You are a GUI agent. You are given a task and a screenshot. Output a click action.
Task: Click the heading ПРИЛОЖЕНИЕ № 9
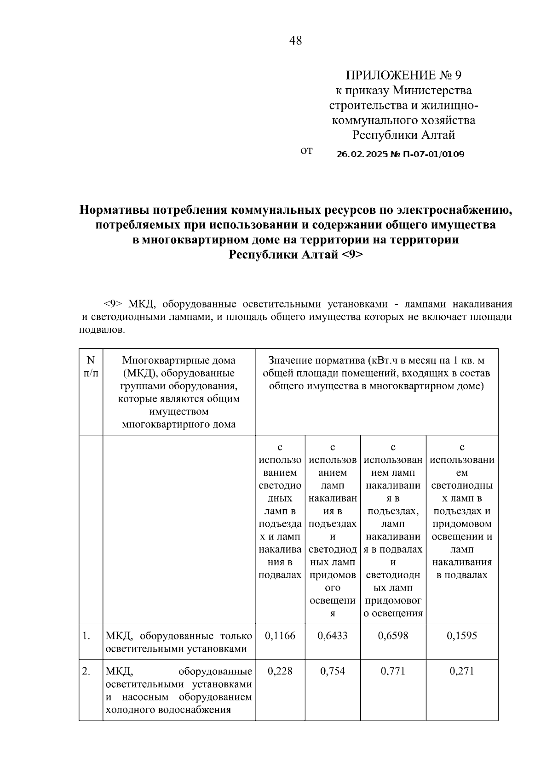[x=403, y=75]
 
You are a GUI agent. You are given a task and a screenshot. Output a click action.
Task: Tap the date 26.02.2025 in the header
[x=362, y=154]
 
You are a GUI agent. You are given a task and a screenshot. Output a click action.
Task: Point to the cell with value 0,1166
[x=280, y=636]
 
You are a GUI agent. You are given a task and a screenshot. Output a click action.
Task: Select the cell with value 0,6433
[x=333, y=636]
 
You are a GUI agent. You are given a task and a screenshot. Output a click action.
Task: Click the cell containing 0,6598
[x=393, y=636]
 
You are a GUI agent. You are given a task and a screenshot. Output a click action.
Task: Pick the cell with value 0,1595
[x=462, y=636]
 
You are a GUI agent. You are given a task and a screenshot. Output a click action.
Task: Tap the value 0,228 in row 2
[x=280, y=671]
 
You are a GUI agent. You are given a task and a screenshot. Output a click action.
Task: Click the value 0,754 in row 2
[x=333, y=671]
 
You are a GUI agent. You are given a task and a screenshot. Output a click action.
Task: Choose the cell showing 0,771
[x=393, y=671]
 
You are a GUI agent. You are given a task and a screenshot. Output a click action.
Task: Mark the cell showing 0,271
[x=462, y=671]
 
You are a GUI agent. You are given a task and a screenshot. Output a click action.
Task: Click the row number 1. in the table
[x=86, y=636]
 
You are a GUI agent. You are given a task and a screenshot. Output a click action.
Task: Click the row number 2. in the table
[x=86, y=671]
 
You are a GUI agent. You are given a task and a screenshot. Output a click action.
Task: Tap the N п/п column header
[x=91, y=367]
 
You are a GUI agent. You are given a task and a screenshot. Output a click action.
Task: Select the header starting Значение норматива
[x=376, y=373]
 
